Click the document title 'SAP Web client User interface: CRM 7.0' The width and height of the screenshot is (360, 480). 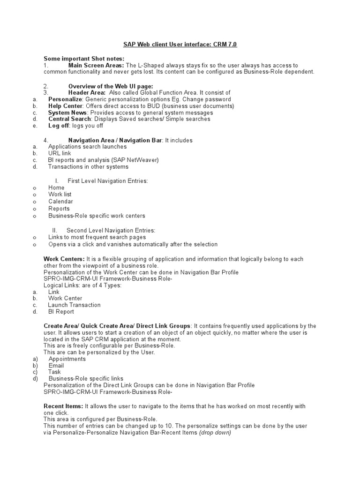coord(180,45)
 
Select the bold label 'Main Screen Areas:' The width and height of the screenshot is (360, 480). coord(96,65)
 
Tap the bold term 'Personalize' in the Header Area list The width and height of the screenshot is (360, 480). coord(65,99)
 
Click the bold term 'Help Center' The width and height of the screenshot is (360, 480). coord(66,106)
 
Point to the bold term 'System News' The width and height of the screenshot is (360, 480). coord(67,112)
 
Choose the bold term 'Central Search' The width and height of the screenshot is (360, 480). coord(70,119)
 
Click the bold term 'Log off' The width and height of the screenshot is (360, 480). coord(59,126)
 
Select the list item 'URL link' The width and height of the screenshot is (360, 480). coord(60,153)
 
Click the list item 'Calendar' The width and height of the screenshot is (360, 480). coord(60,202)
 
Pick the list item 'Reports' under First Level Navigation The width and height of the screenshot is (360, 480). coord(59,209)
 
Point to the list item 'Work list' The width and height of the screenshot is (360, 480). coord(60,195)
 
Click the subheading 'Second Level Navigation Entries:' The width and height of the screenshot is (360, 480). coord(111,230)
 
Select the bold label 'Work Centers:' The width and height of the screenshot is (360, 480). coord(64,259)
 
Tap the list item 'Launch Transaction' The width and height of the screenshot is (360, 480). coord(74,305)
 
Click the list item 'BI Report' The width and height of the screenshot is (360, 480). coord(61,311)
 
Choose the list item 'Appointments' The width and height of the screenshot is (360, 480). coord(67,359)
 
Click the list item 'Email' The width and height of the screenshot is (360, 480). coord(56,365)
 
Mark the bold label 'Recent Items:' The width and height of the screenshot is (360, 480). coord(63,406)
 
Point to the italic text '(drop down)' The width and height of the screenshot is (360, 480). coord(215,433)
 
